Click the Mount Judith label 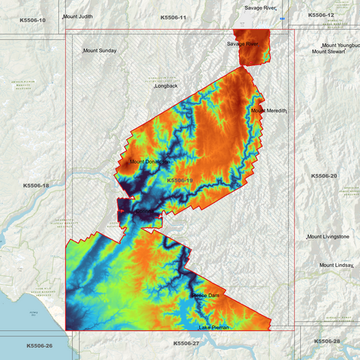[x=78, y=16]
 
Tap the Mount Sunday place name [x=100, y=51]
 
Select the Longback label [x=166, y=86]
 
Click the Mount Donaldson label [x=149, y=162]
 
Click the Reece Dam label [x=205, y=296]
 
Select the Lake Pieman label [x=214, y=328]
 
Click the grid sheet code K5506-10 [x=33, y=20]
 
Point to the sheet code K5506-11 [x=173, y=17]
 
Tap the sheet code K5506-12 [x=321, y=14]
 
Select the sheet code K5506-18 [x=36, y=185]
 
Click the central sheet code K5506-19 [x=180, y=181]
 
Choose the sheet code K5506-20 [x=325, y=176]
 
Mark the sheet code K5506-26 [x=39, y=346]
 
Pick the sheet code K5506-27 [x=186, y=343]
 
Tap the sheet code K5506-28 [x=328, y=342]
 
